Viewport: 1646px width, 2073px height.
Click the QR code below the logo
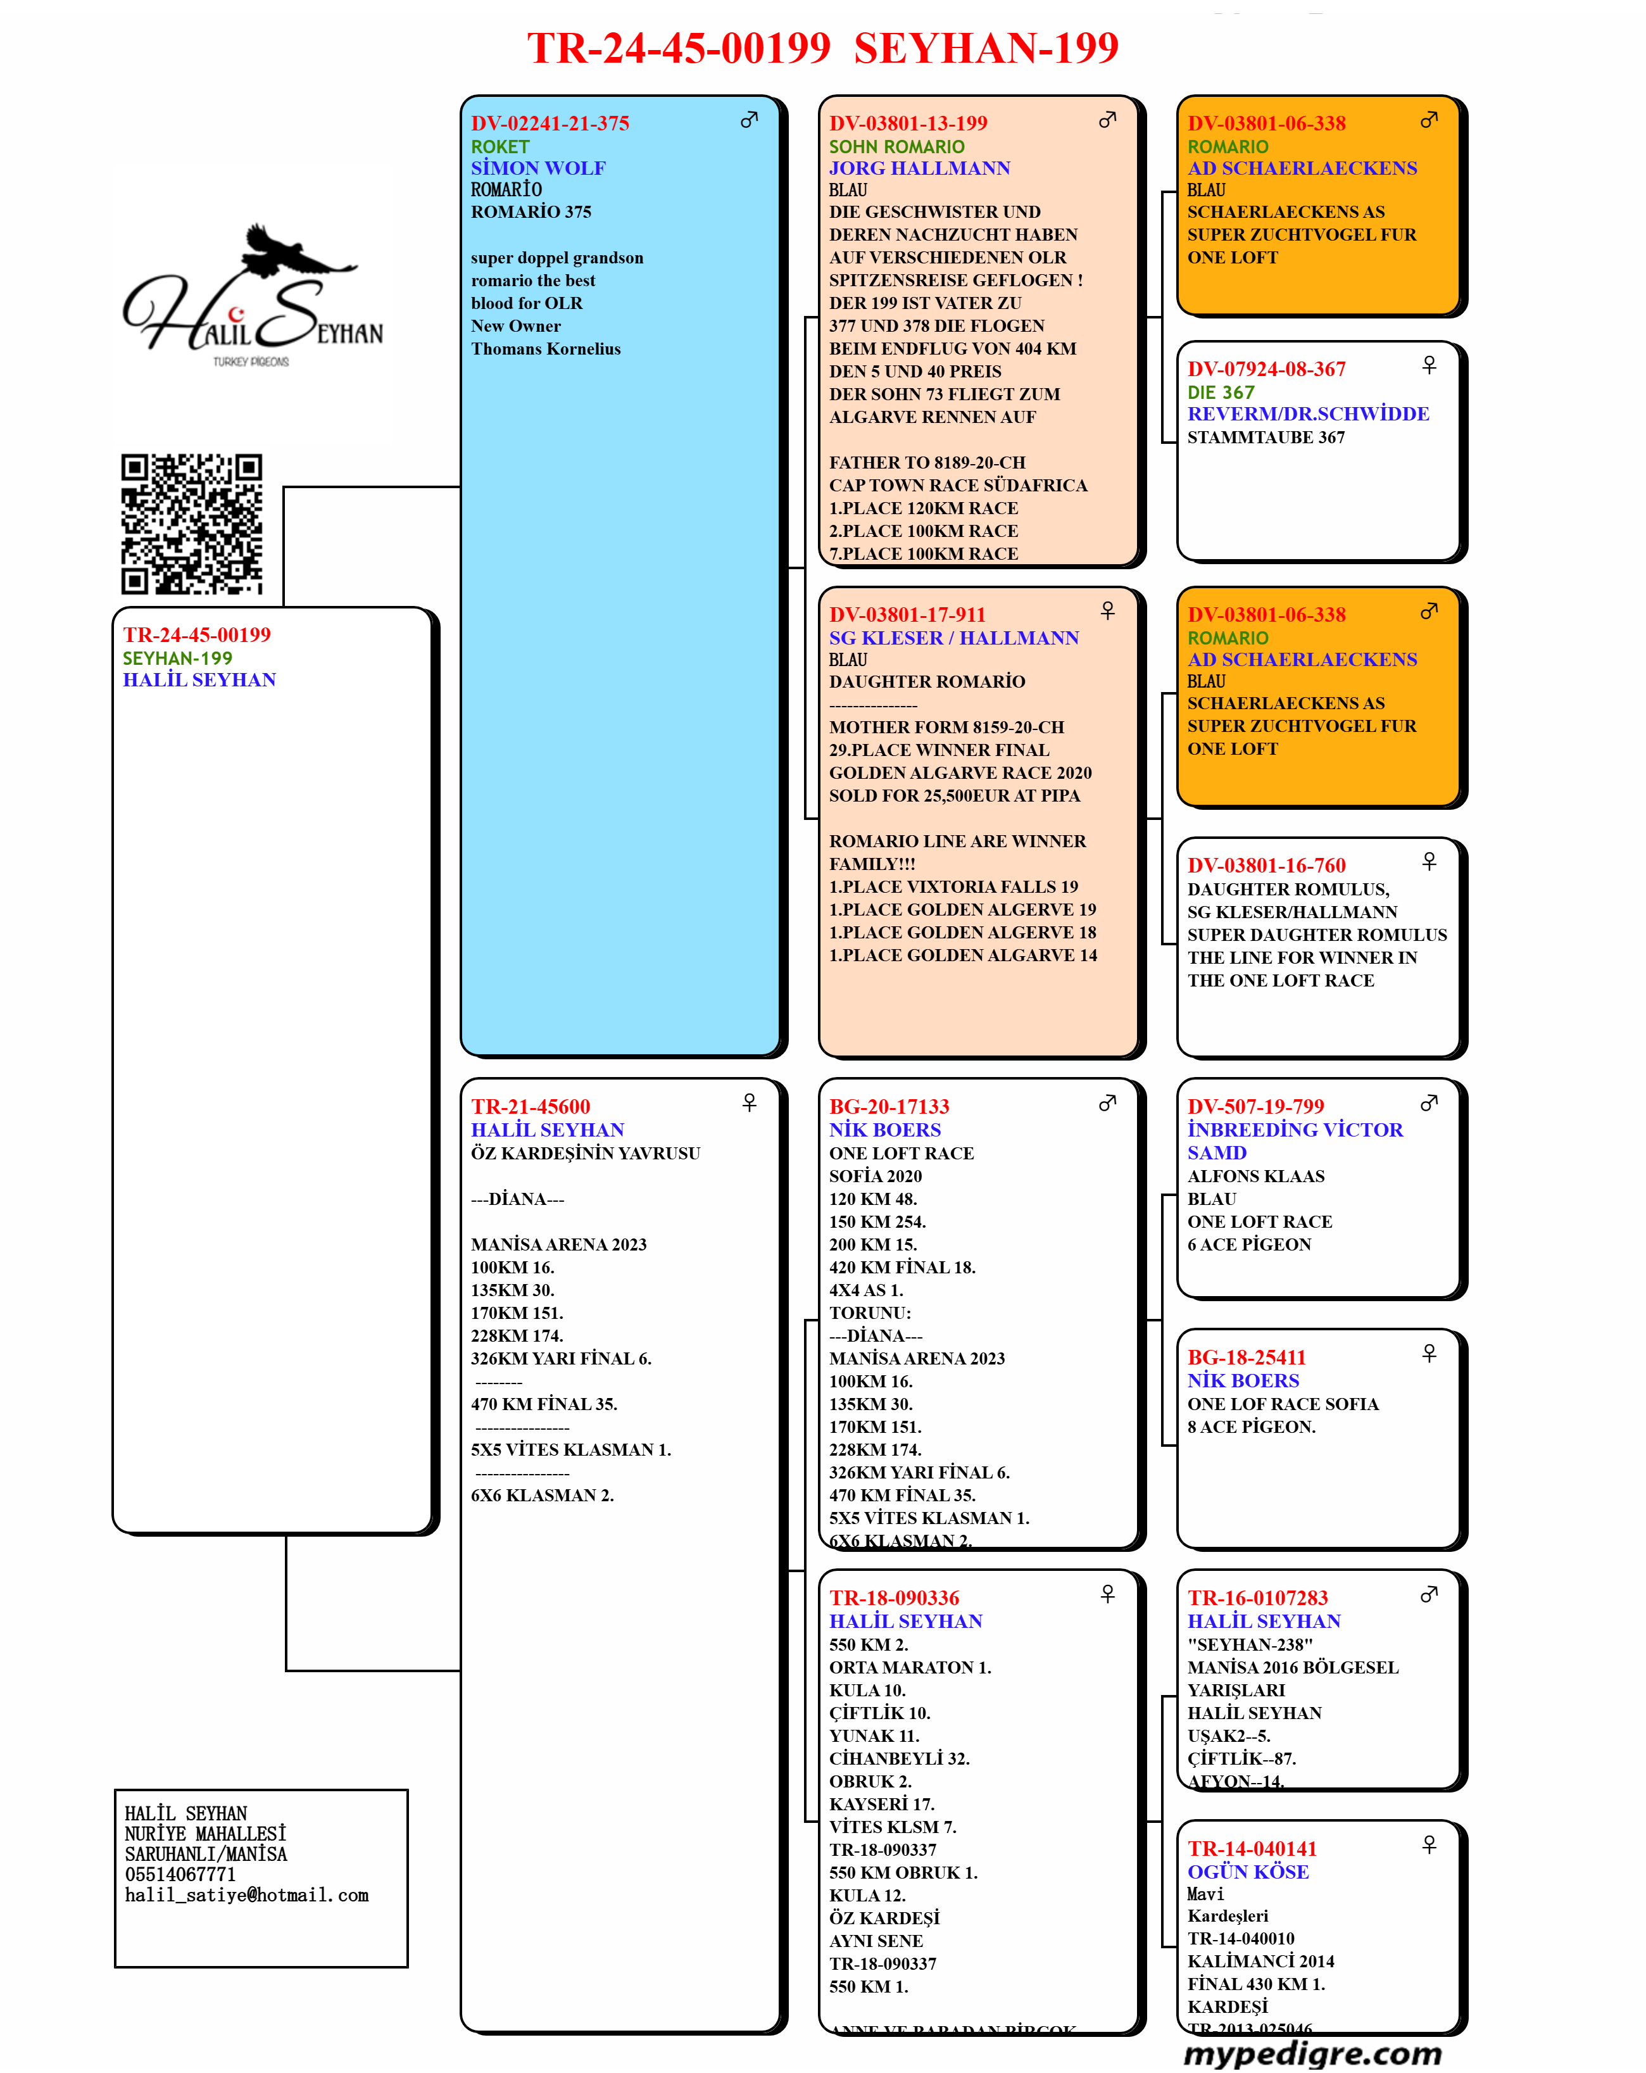[191, 524]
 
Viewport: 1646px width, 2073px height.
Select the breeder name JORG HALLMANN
[919, 168]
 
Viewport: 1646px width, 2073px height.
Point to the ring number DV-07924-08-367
[1266, 369]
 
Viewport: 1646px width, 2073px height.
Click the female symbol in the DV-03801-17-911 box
[1108, 610]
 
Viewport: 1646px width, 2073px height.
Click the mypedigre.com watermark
[1312, 2053]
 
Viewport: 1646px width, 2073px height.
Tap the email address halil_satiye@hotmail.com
[247, 1895]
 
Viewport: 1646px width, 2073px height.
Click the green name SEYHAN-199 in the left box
[177, 658]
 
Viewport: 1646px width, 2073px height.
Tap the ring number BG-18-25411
[1247, 1358]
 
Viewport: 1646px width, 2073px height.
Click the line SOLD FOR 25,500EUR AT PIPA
[955, 796]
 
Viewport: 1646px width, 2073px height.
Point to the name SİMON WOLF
[538, 168]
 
